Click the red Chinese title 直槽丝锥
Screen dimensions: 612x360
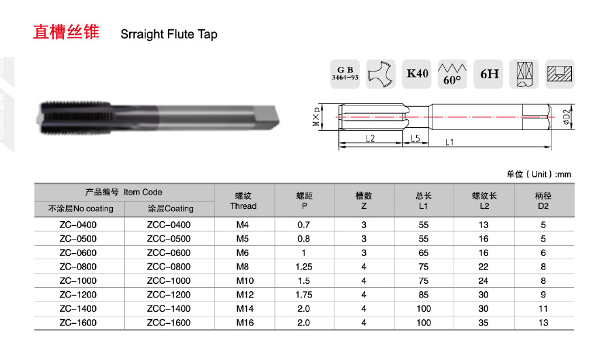pos(66,32)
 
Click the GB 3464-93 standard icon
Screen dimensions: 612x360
pos(345,73)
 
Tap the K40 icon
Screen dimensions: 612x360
pos(417,73)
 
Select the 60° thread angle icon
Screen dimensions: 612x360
pos(452,73)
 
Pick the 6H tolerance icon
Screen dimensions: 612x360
pos(489,73)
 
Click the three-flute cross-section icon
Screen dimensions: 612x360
pos(381,73)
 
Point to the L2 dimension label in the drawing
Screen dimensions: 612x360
pos(370,138)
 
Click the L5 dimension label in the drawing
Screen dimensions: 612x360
pos(415,138)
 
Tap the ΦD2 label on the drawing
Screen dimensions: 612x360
pos(566,117)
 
